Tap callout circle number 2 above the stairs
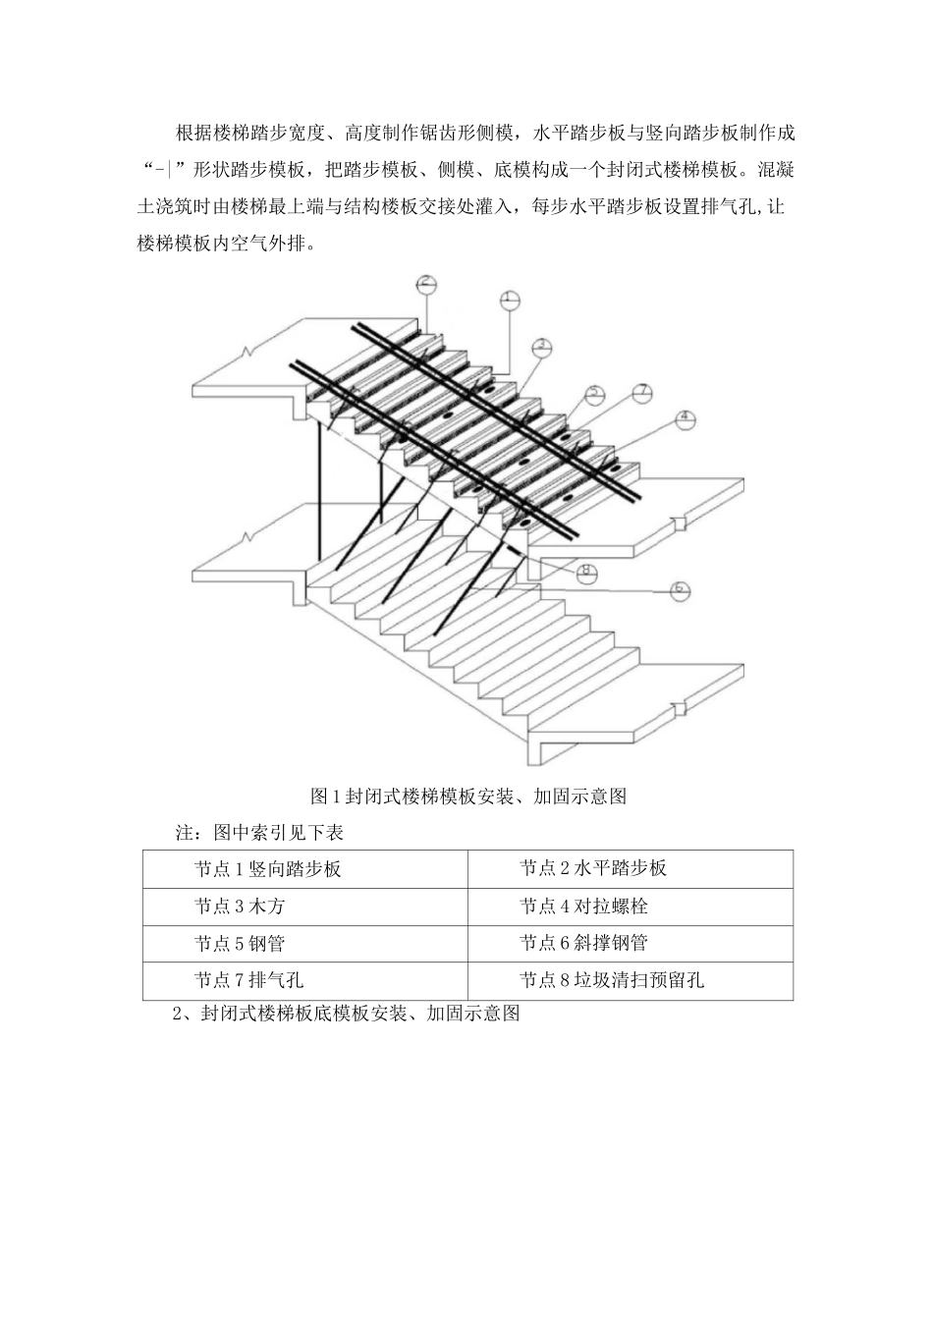(x=425, y=285)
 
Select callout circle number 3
(x=542, y=346)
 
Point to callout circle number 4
(x=685, y=419)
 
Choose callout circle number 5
(x=594, y=394)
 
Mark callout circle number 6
(x=679, y=590)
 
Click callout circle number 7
(x=640, y=392)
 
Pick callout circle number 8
(x=587, y=572)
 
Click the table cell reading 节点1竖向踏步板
(x=267, y=868)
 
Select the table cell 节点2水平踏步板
(x=593, y=868)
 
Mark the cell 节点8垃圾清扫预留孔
(x=611, y=979)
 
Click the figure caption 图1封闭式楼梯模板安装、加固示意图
(x=467, y=796)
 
